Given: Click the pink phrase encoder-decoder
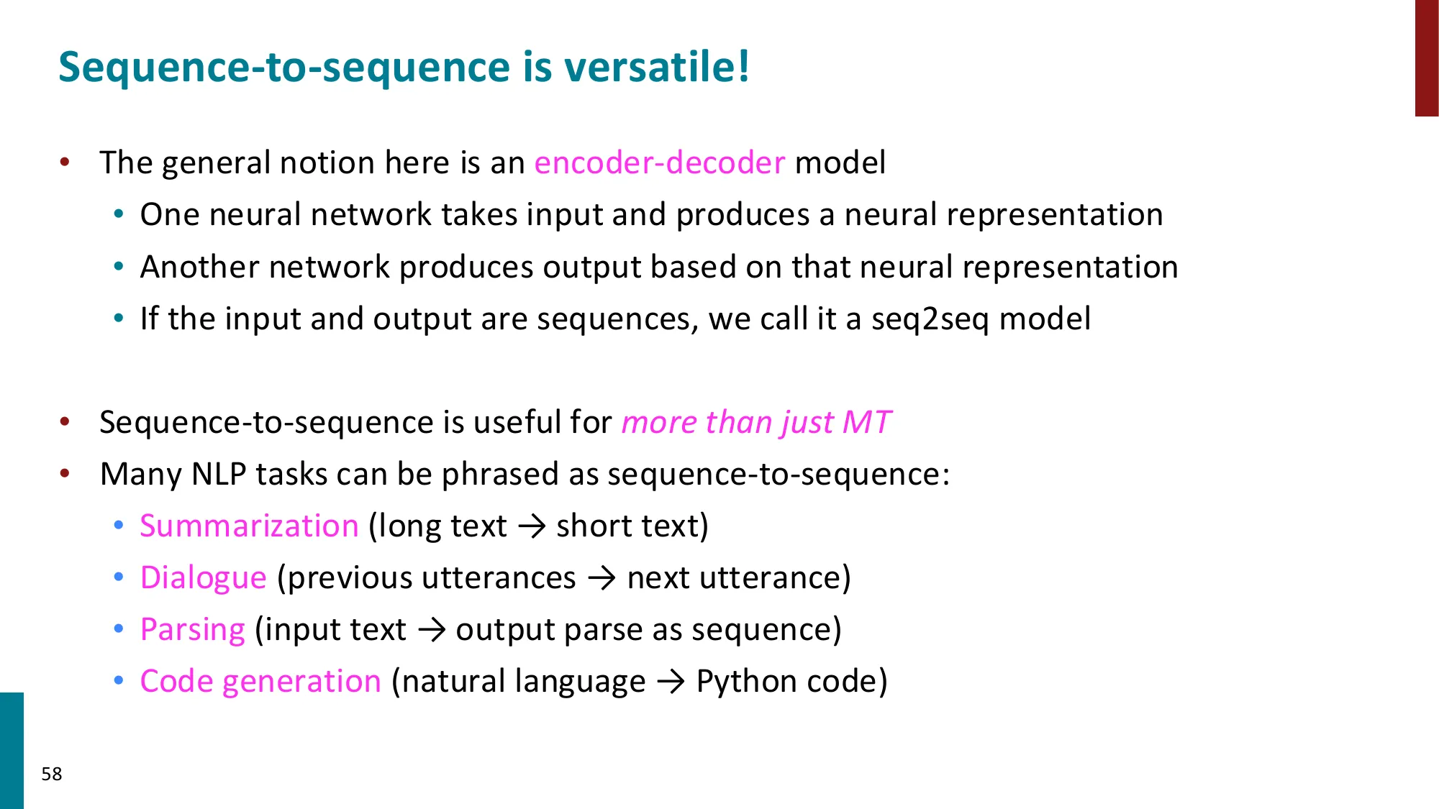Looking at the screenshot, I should [659, 163].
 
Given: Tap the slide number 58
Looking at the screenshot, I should [52, 774].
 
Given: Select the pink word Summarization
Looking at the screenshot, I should [249, 526].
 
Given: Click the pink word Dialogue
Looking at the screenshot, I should [204, 578].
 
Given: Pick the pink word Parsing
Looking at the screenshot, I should [193, 630].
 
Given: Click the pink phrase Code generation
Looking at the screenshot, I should [260, 682].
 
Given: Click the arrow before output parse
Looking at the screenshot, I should [432, 631].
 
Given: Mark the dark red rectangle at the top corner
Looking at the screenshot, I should [1426, 58].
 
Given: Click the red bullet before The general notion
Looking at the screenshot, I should [65, 162].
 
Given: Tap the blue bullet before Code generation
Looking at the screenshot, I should [119, 680].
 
